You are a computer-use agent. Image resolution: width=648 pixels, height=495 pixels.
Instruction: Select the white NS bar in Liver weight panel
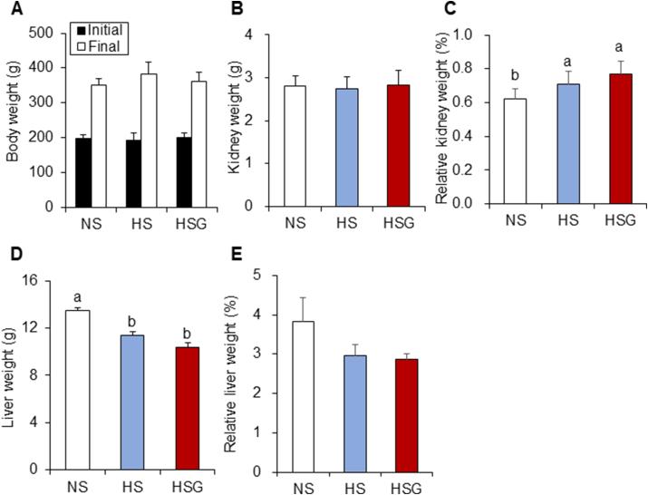(x=76, y=390)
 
